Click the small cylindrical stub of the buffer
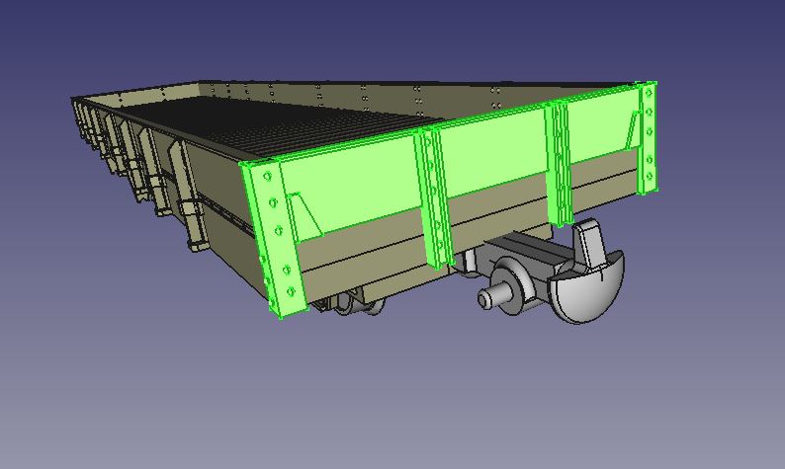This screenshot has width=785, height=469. point(489,298)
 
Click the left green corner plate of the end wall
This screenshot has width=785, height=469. point(272,237)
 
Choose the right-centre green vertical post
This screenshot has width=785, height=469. point(561,163)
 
